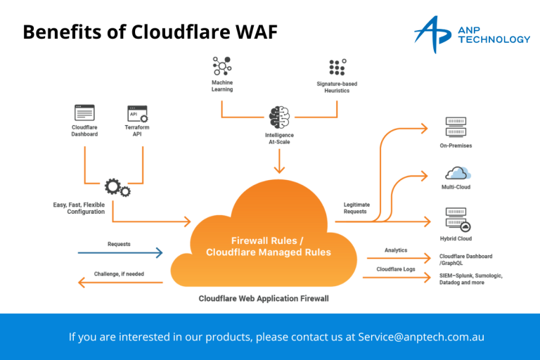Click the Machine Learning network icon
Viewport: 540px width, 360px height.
point(222,67)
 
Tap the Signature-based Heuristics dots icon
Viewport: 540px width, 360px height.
point(337,67)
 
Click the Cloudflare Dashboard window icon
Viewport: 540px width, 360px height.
point(84,113)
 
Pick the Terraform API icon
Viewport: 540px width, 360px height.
point(137,113)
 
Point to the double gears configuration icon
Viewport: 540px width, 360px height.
point(117,187)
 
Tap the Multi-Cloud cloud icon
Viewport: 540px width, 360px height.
point(457,172)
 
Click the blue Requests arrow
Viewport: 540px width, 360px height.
point(120,252)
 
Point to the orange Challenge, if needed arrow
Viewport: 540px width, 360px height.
point(120,283)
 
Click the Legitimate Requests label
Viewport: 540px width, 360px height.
point(356,208)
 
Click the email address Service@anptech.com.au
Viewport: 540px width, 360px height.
point(420,337)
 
